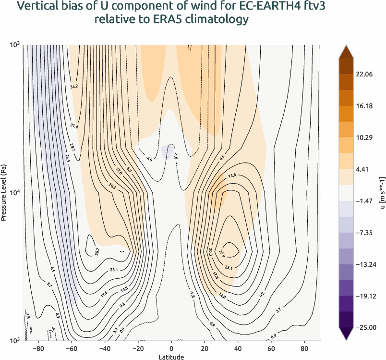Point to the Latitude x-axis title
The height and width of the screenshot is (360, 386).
171,356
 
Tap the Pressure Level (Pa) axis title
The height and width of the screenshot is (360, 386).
4,192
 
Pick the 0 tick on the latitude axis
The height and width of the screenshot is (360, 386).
171,348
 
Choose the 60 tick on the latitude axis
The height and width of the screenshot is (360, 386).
271,348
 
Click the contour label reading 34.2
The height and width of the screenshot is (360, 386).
74,87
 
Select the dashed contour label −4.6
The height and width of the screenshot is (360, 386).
149,159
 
